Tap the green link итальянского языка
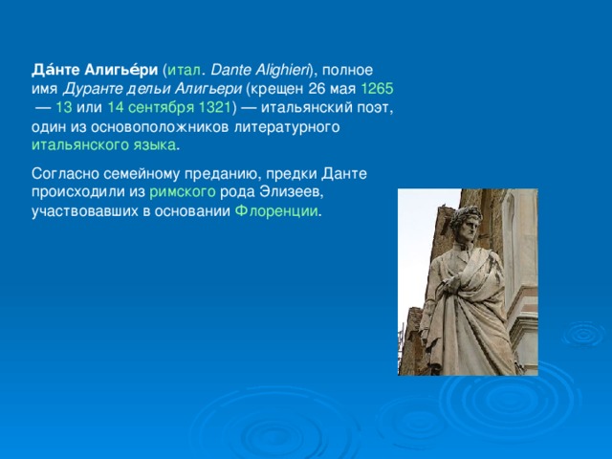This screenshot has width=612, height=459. click(x=103, y=145)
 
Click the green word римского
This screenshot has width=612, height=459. click(x=182, y=192)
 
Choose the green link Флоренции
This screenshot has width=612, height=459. click(x=276, y=210)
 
